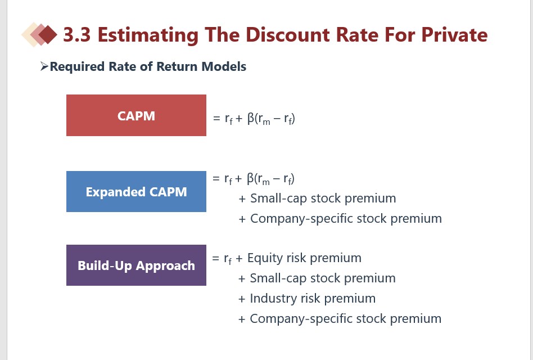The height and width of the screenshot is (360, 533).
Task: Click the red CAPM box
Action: coord(136,115)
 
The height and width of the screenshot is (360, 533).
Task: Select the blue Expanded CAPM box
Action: coord(136,192)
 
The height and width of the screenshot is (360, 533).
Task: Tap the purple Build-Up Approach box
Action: coord(136,265)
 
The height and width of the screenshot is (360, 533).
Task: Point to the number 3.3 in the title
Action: coord(78,35)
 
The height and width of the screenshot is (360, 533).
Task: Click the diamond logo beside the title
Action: coord(39,35)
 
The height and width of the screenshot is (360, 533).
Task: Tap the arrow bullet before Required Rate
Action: coord(44,67)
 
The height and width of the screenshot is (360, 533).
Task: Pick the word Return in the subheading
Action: coord(170,66)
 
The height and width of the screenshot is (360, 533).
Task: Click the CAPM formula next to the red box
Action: coord(254,119)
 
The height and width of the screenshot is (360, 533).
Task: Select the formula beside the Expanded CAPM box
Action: coord(254,179)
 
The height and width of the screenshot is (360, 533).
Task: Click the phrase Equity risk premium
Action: coord(304,258)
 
